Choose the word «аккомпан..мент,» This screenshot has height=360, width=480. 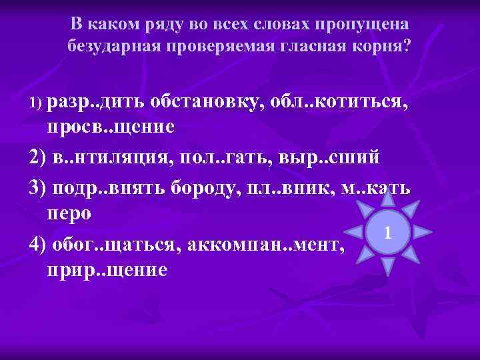click(267, 243)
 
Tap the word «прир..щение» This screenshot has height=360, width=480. click(107, 271)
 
